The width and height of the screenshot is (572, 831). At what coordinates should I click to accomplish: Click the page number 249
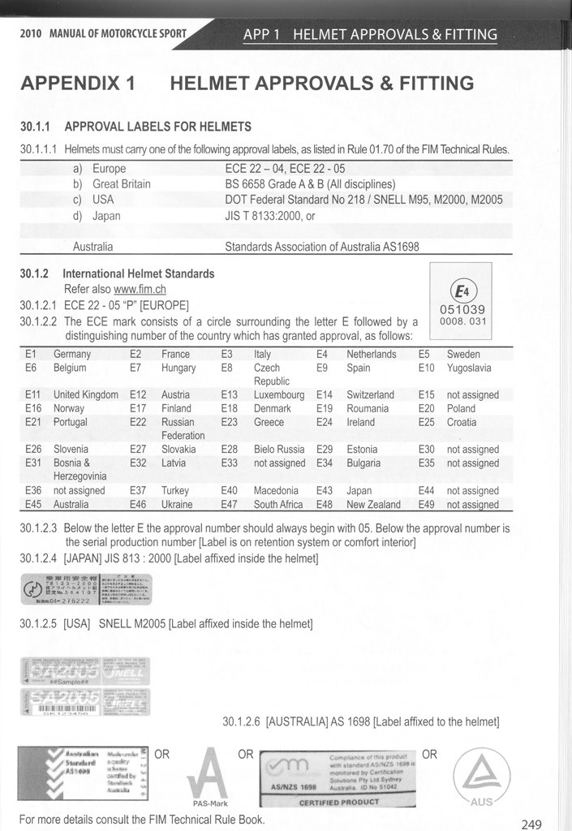pos(531,824)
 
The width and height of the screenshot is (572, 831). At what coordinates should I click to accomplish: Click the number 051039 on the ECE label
pos(462,309)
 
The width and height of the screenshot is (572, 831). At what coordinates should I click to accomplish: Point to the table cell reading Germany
pos(72,354)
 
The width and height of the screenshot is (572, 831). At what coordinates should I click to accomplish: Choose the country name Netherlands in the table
pos(371,354)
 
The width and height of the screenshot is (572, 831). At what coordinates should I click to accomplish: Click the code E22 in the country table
pos(140,422)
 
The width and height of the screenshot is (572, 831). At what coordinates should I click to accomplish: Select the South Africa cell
pos(278,504)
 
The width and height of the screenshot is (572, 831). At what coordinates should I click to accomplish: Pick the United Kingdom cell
pos(85,394)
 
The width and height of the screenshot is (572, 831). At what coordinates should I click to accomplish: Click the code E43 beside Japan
pos(325,490)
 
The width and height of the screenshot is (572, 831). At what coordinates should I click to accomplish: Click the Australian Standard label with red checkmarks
pos(84,773)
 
